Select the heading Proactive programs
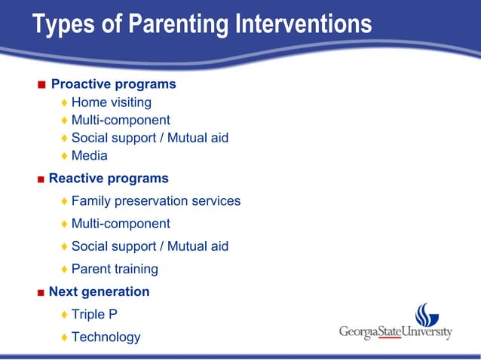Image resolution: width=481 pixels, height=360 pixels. coord(113,84)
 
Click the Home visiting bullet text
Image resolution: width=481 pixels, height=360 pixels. coord(111,102)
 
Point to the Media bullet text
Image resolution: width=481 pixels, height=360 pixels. coord(89,156)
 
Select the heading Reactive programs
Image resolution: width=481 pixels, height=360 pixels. coord(109,178)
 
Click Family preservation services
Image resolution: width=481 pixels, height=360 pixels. coord(156,201)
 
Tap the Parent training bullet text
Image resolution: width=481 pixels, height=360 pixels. coord(115,269)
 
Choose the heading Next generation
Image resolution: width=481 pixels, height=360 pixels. coord(99,291)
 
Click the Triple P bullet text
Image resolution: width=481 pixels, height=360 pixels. coord(94,314)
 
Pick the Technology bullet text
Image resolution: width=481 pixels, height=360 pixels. coord(106,337)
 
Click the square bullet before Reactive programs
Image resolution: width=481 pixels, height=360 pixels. coord(41,179)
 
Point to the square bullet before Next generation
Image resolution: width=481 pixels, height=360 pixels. coord(41,292)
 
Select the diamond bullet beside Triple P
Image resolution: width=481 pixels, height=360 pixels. coord(65,315)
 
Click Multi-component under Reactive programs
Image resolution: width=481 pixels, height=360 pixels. coord(121,224)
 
